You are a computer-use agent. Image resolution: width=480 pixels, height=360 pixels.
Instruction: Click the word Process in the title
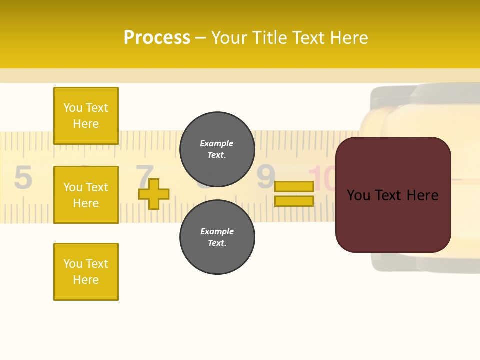[157, 38]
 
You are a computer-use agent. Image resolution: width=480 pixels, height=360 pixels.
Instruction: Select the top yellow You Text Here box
[86, 116]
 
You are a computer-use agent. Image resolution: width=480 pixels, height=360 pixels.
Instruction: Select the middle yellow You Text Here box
[86, 195]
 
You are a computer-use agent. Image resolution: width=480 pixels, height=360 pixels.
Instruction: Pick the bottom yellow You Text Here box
[86, 272]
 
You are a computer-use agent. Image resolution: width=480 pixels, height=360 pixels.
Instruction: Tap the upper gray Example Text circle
[217, 149]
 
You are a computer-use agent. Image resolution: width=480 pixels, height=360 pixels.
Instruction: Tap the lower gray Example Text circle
[217, 237]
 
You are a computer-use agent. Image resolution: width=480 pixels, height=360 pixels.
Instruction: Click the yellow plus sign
[154, 194]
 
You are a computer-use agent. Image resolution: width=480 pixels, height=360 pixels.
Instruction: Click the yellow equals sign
[294, 194]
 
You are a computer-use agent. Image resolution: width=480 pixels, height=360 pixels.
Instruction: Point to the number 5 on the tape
[23, 178]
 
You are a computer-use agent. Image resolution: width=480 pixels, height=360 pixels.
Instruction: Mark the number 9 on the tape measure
[266, 176]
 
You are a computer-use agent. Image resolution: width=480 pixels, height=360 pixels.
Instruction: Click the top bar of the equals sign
[294, 186]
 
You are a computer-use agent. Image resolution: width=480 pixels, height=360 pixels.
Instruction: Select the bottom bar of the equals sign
[294, 201]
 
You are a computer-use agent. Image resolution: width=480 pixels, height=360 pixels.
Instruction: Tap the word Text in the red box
[392, 195]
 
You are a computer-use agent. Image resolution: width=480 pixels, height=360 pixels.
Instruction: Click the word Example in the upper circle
[217, 143]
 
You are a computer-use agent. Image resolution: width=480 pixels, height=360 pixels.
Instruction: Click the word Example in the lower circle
[217, 231]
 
